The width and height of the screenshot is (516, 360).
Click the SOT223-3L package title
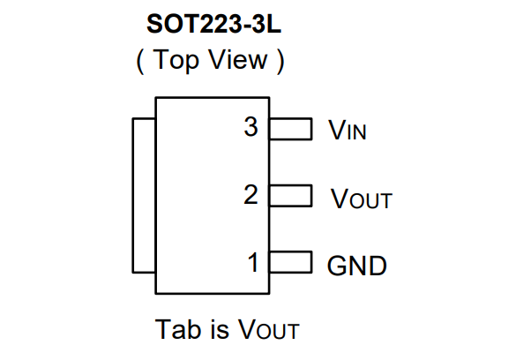214,24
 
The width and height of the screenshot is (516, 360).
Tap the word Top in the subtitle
176,60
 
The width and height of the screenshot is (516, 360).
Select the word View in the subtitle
238,60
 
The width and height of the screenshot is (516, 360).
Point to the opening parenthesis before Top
140,61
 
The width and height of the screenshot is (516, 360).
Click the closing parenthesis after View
280,61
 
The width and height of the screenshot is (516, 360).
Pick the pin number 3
251,127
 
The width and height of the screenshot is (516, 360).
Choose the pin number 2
251,194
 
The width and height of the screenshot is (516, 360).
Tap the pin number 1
253,262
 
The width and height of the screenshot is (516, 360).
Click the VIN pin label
348,130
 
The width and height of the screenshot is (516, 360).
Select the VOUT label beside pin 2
362,199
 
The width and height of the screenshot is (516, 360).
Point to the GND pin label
356,266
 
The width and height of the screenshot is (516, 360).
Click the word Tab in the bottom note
177,329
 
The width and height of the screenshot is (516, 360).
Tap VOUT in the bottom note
268,329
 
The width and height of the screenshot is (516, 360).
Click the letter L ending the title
273,24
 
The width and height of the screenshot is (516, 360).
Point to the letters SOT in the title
172,24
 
